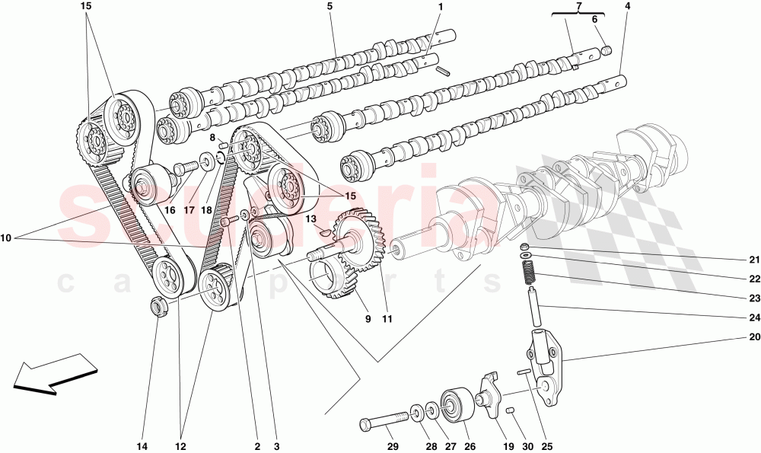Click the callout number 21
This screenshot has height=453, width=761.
753,260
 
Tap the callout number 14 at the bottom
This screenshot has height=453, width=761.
143,446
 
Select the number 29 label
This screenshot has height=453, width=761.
393,446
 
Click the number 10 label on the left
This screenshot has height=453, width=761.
6,238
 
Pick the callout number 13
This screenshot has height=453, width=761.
310,219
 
